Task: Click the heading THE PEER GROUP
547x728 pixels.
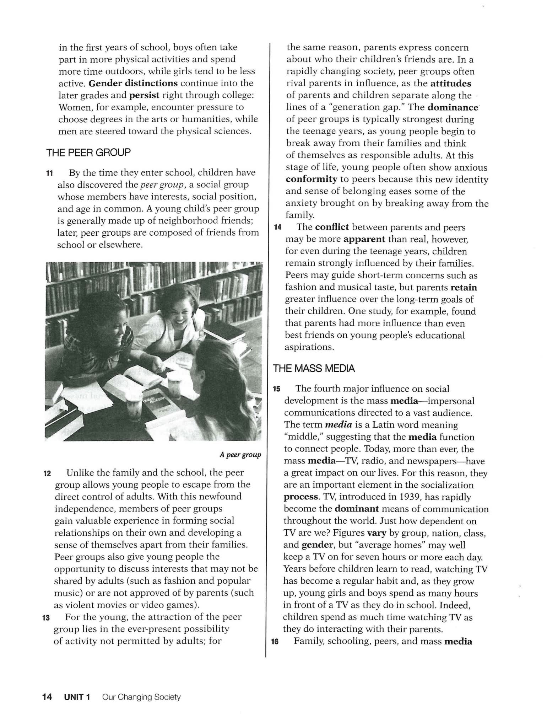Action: [x=88, y=152]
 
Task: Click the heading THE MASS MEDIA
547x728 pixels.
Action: [x=314, y=368]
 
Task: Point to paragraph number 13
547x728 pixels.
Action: [x=46, y=618]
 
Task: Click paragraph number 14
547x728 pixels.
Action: [x=278, y=228]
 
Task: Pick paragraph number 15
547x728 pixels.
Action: [x=276, y=389]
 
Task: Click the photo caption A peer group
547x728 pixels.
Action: [x=240, y=455]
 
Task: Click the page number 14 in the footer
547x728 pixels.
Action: [x=47, y=697]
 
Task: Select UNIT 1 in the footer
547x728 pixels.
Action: [x=77, y=697]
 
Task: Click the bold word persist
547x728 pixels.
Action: [x=144, y=95]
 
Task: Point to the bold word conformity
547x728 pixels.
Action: [x=311, y=179]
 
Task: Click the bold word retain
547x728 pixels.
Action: [x=464, y=287]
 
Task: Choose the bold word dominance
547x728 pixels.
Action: [x=453, y=107]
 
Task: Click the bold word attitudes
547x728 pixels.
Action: [x=451, y=84]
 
